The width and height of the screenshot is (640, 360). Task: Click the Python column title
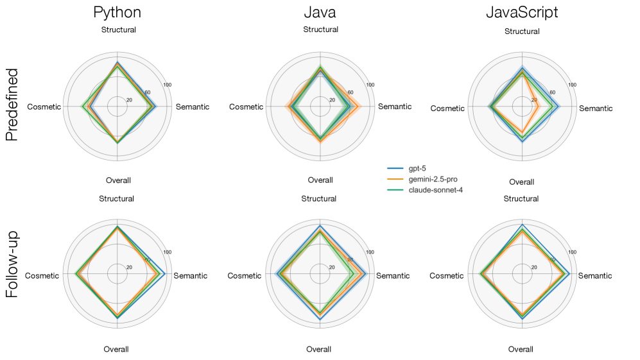[117, 12]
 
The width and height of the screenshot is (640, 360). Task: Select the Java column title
[320, 12]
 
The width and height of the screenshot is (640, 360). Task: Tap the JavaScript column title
[521, 12]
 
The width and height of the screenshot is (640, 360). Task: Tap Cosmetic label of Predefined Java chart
[246, 107]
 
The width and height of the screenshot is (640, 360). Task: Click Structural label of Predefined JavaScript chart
[522, 31]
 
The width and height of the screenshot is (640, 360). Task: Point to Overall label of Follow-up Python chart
[116, 349]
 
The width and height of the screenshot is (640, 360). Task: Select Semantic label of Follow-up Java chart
[392, 276]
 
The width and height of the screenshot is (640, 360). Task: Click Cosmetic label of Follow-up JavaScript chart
[446, 276]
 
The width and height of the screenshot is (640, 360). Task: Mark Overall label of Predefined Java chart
[320, 180]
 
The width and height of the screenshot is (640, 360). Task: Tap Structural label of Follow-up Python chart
[116, 199]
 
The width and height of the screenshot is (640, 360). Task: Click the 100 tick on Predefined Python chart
[168, 85]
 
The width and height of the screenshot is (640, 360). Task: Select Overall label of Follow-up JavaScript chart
[521, 349]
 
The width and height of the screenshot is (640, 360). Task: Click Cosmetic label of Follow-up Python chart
[42, 276]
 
